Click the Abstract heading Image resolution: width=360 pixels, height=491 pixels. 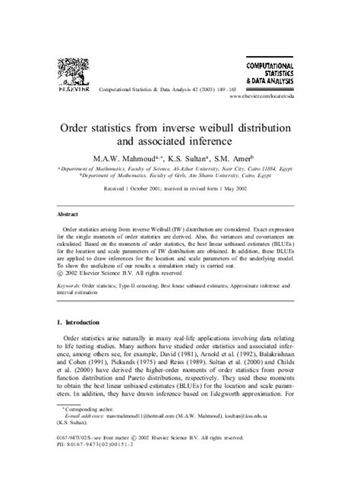(x=73, y=216)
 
